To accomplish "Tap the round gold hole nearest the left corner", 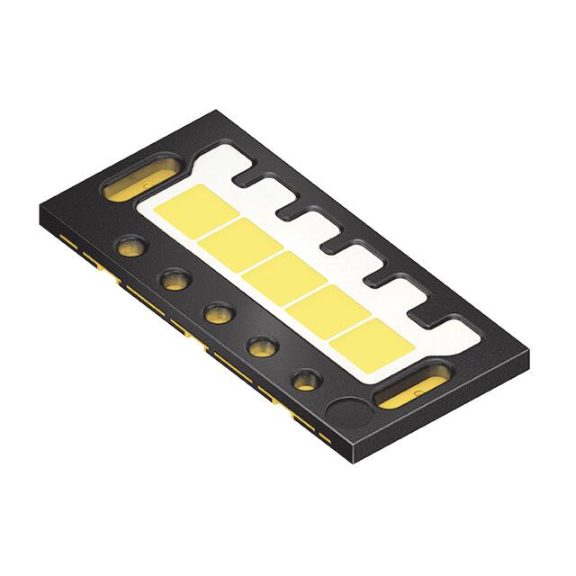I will [130, 247].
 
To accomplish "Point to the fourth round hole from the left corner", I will [262, 345].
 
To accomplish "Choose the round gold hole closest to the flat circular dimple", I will [306, 378].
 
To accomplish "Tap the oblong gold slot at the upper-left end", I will [139, 176].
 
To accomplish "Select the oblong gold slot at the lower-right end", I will [408, 390].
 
